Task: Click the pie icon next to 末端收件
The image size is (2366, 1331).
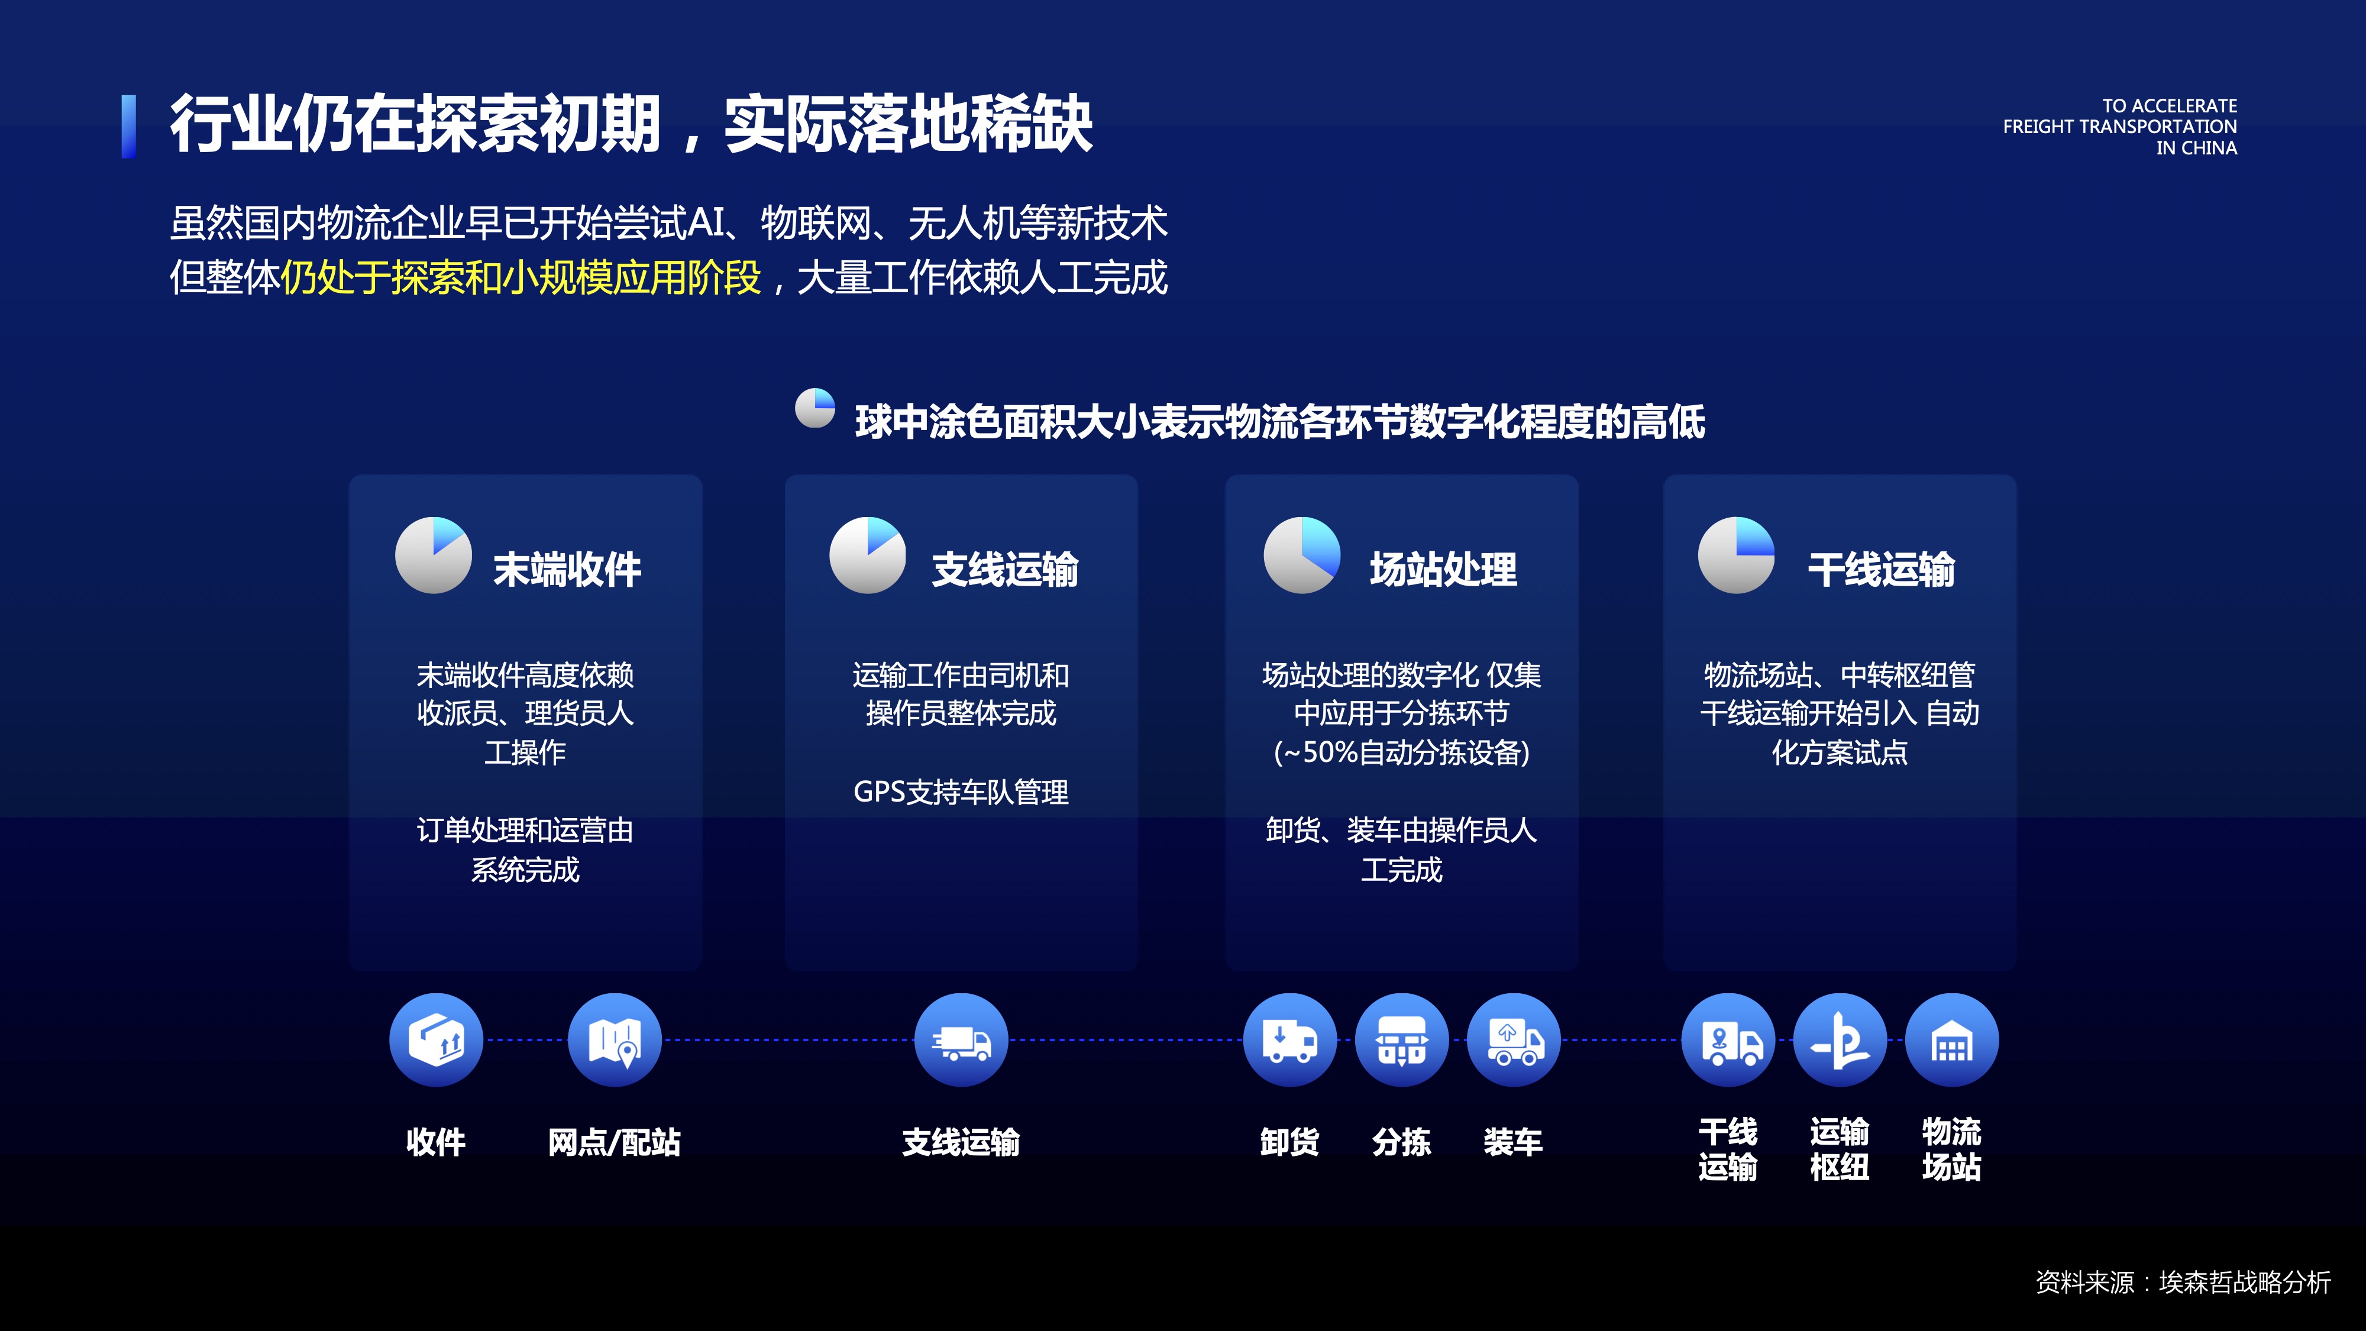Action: [x=434, y=555]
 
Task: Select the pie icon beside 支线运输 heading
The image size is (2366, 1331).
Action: [x=868, y=555]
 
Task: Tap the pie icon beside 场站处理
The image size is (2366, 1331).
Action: [x=1302, y=555]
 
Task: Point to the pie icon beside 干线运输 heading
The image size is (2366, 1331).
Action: [x=1737, y=555]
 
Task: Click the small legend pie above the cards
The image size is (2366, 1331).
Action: [x=814, y=408]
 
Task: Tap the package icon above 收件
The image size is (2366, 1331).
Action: [x=437, y=1040]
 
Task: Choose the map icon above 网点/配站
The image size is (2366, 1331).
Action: [x=615, y=1040]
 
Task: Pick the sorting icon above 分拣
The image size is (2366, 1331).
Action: [x=1402, y=1040]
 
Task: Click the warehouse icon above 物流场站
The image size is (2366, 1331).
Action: [x=1953, y=1040]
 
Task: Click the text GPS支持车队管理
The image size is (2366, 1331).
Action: [x=961, y=792]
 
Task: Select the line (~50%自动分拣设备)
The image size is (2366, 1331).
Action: [x=1402, y=752]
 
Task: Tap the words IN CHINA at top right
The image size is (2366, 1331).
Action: [x=2196, y=148]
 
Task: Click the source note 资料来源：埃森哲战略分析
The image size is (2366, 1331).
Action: [x=2183, y=1281]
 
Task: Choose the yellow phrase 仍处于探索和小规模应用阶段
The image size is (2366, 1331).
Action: [x=521, y=277]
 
